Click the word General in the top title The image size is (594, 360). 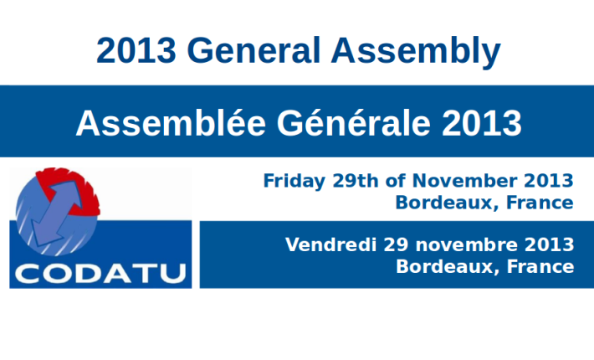253,50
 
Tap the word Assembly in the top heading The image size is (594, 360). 416,53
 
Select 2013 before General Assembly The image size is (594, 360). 136,50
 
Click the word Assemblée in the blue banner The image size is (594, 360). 171,122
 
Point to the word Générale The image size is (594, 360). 353,122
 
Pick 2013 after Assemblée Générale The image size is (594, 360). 482,123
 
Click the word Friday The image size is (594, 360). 294,182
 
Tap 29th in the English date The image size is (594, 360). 356,180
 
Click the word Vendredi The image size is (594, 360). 330,244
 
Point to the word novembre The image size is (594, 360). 467,245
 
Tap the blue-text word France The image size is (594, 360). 540,203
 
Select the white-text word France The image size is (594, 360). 540,266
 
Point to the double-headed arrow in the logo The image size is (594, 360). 56,213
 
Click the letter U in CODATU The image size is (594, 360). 172,274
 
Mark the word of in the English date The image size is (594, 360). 396,180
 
